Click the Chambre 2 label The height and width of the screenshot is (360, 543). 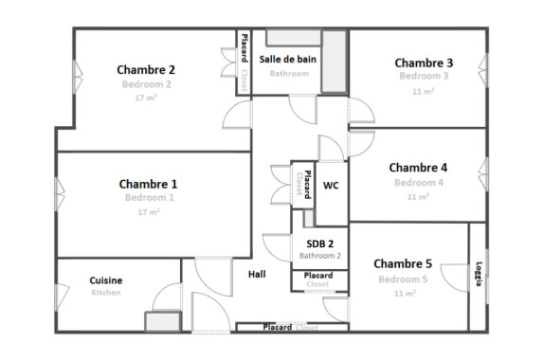[x=146, y=69]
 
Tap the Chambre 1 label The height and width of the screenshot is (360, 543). [x=148, y=184]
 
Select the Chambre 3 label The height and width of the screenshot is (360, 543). [x=424, y=63]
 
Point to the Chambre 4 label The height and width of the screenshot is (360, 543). [x=418, y=168]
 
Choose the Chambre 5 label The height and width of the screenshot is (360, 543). [x=403, y=263]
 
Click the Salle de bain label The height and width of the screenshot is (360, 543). [x=288, y=59]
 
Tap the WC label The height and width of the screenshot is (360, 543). [x=331, y=186]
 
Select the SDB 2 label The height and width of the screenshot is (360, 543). [x=320, y=243]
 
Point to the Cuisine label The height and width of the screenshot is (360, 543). [x=106, y=280]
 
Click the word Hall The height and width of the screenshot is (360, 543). [x=257, y=275]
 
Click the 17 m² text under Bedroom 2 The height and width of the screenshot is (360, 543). [x=145, y=98]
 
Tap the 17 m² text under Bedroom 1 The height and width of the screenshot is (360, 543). [x=147, y=212]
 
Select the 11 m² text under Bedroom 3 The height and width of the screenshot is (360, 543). [x=423, y=91]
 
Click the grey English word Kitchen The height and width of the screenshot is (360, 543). [x=106, y=294]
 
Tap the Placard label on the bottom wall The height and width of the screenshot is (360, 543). [x=278, y=328]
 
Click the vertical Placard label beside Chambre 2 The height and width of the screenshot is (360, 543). [x=244, y=47]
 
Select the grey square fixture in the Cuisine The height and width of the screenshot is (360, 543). [x=157, y=321]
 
